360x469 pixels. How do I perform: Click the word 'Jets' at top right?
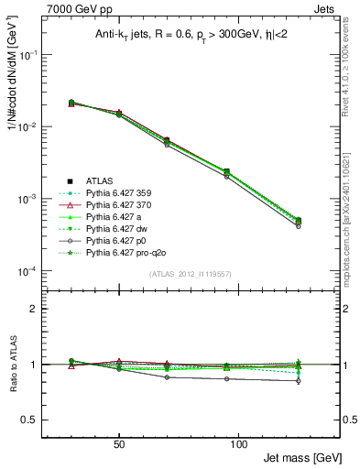click(x=325, y=7)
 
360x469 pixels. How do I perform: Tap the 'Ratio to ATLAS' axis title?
click(x=12, y=365)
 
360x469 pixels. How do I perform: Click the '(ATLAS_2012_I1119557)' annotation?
click(x=190, y=275)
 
